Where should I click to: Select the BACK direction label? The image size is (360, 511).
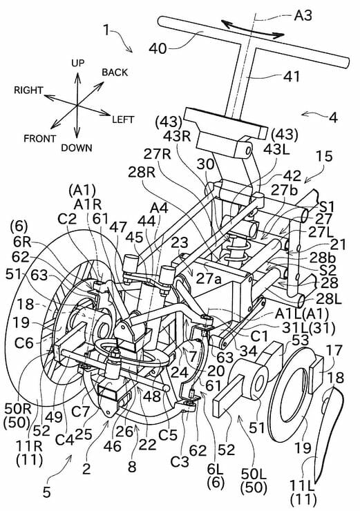[115, 73]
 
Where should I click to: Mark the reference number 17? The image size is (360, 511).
[334, 351]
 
